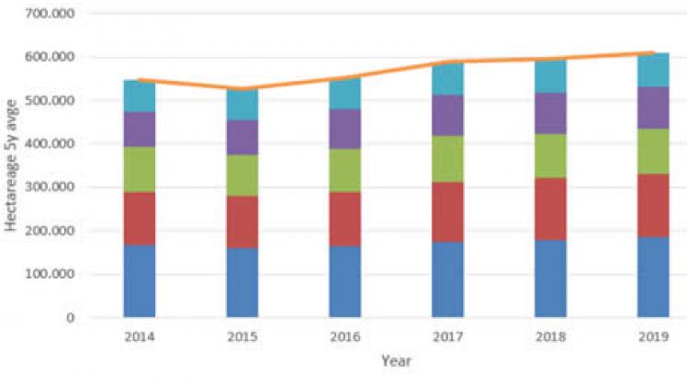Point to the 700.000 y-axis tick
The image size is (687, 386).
click(x=52, y=14)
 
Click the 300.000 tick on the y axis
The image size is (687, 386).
click(x=52, y=187)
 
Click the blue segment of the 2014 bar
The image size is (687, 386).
click(x=140, y=281)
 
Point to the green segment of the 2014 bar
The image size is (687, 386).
click(x=140, y=169)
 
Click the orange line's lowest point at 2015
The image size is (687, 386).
click(x=242, y=89)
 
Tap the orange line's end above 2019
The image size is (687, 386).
click(x=652, y=53)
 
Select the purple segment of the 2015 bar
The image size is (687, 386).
click(x=242, y=137)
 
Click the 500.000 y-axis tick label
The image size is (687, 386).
click(x=52, y=100)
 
